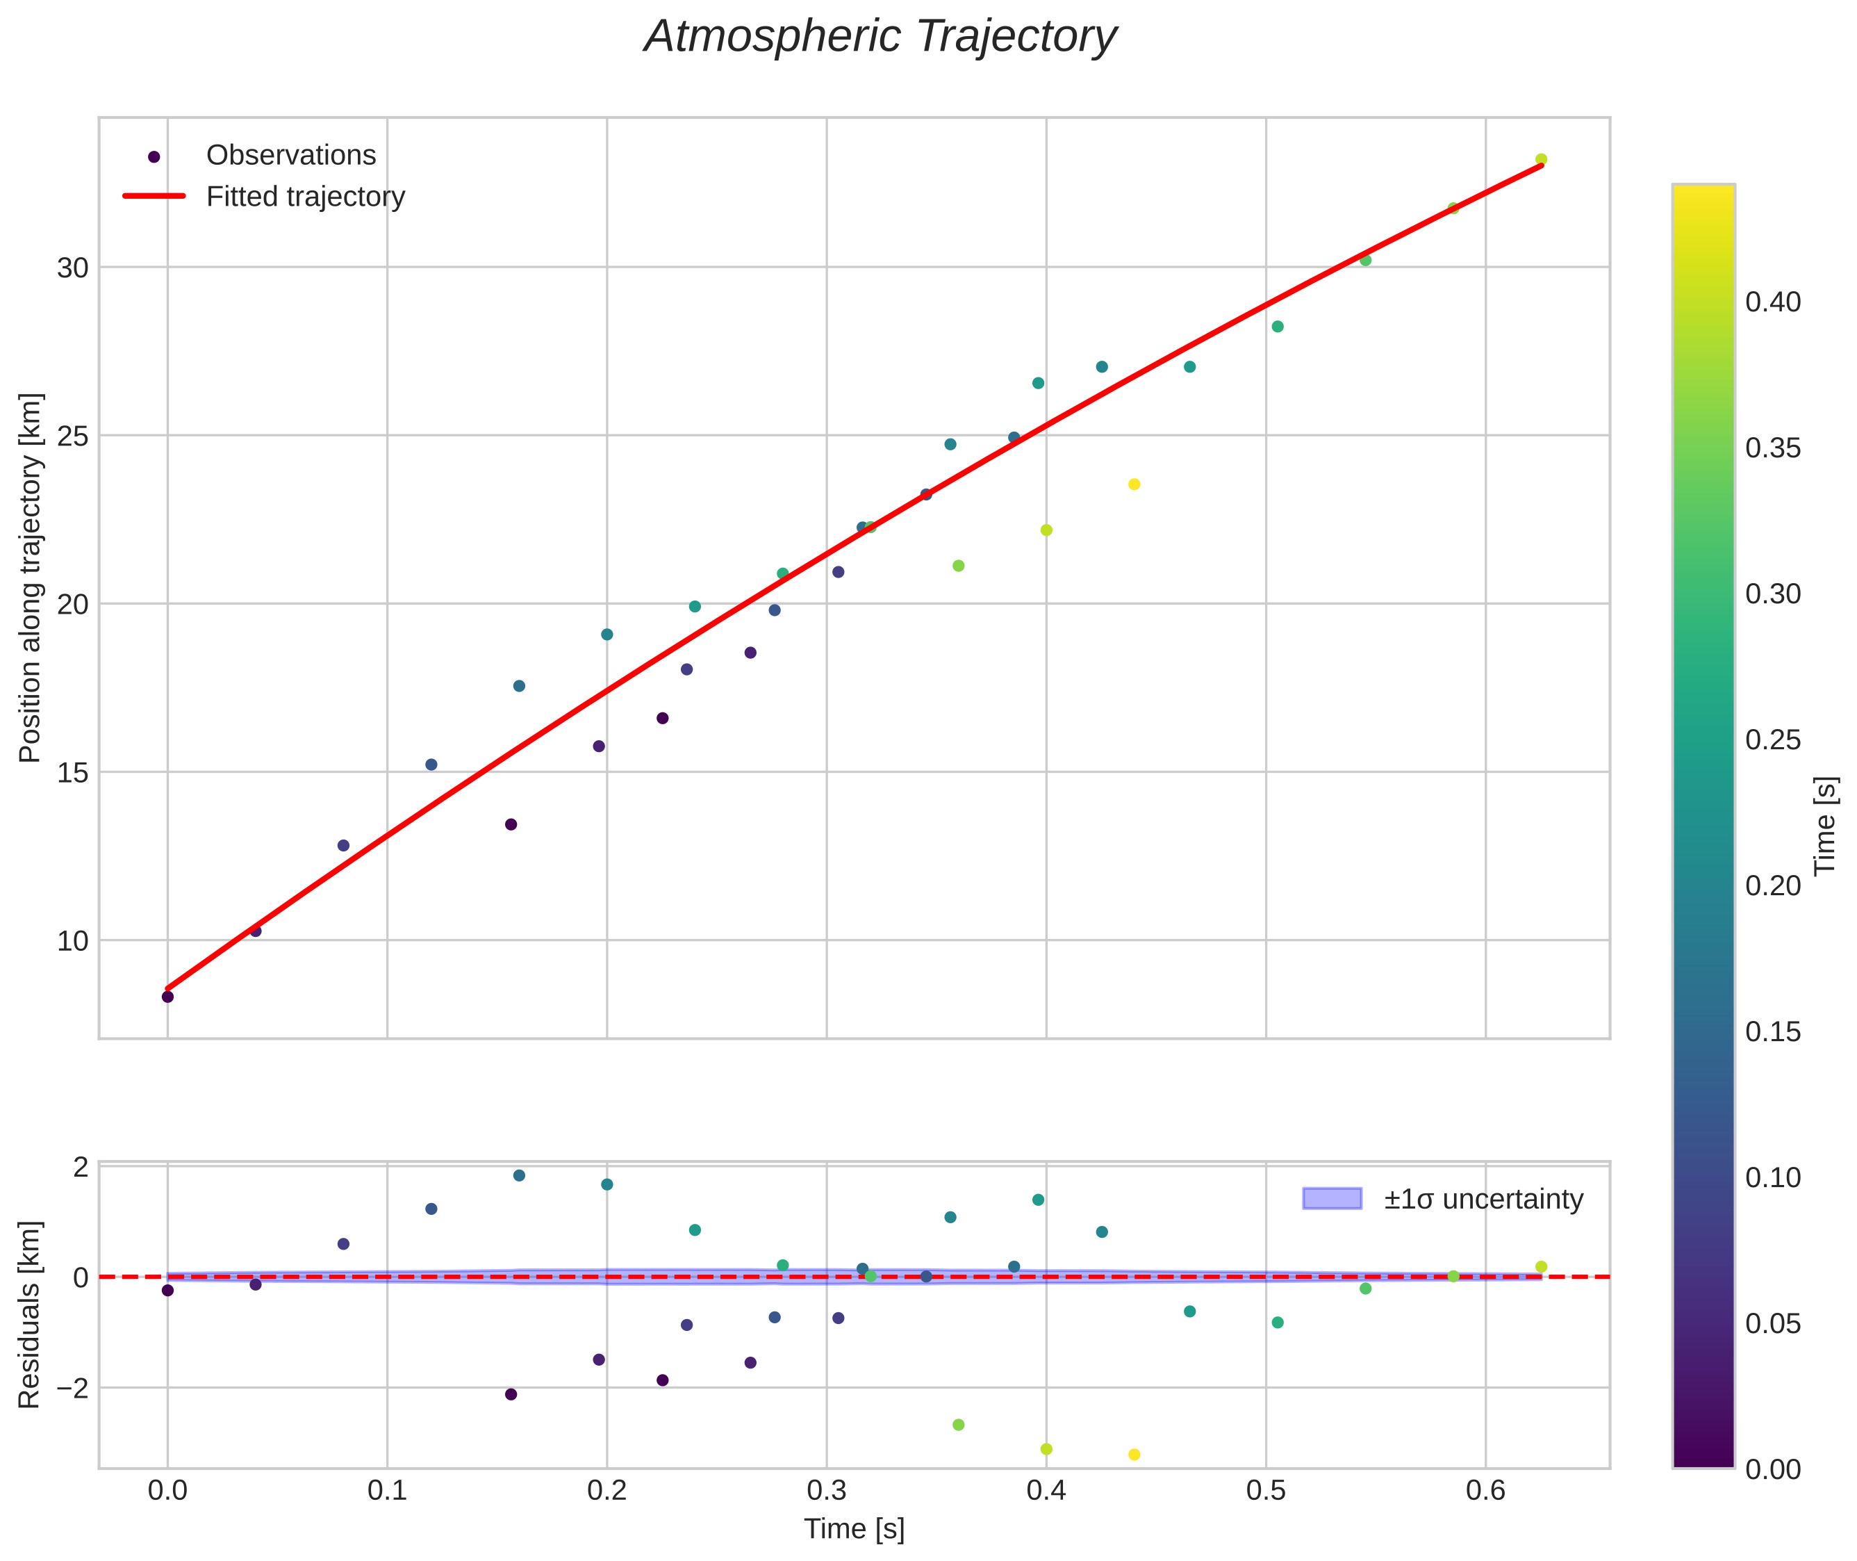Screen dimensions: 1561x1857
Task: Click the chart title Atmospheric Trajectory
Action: click(x=880, y=37)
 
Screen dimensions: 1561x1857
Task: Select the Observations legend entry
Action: click(x=291, y=156)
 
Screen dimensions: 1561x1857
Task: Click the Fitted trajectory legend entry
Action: click(x=305, y=197)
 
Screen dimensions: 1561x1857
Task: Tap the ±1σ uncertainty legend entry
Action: click(x=1483, y=1199)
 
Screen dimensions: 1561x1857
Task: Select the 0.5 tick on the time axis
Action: click(x=1265, y=1491)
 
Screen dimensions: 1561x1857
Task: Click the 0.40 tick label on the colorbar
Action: click(x=1772, y=302)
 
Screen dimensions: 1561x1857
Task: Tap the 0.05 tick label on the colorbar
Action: click(x=1772, y=1324)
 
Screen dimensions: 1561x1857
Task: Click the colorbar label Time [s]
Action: click(x=1825, y=826)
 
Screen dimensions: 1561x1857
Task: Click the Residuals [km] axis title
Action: click(x=30, y=1315)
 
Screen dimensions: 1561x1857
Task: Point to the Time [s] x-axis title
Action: click(x=854, y=1529)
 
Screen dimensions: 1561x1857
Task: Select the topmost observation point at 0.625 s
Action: click(x=1541, y=159)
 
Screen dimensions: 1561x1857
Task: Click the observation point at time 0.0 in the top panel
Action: click(x=167, y=997)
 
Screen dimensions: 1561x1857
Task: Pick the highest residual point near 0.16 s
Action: click(x=520, y=1175)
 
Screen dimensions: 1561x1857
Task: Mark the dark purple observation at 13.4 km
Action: click(x=511, y=825)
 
